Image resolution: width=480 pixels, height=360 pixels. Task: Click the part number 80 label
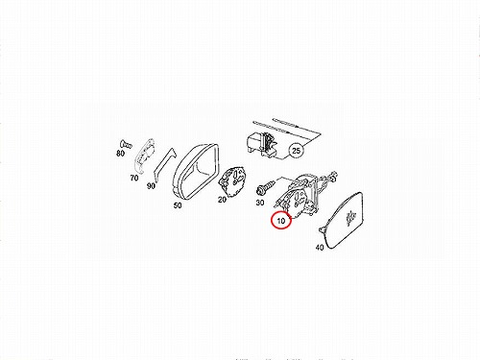(x=120, y=154)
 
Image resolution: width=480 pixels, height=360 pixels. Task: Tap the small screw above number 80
(x=126, y=144)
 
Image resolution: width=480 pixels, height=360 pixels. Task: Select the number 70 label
(x=134, y=178)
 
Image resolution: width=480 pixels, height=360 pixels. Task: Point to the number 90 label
(x=151, y=185)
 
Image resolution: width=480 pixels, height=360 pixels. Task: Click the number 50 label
(x=178, y=205)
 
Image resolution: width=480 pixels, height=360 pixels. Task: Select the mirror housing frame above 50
(x=196, y=171)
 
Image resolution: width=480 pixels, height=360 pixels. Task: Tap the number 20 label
(x=222, y=200)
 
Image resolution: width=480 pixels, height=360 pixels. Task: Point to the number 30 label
(x=260, y=203)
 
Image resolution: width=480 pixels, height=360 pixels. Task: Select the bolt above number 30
(x=265, y=187)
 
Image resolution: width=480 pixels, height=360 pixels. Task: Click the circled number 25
(x=297, y=150)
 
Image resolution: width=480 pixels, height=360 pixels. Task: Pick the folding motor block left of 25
(x=261, y=144)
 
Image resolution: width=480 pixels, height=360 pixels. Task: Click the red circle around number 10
(x=281, y=220)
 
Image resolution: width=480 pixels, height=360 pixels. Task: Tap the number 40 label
(x=320, y=247)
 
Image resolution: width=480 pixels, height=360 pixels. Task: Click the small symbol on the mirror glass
(x=351, y=218)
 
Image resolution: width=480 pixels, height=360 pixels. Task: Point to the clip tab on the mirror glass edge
(x=322, y=228)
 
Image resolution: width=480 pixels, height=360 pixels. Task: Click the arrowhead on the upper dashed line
(x=298, y=127)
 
